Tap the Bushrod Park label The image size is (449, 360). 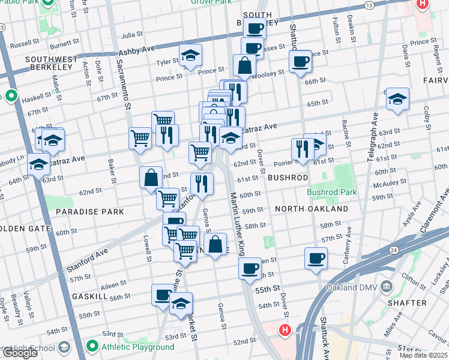pos(332,193)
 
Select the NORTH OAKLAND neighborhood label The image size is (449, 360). pos(312,209)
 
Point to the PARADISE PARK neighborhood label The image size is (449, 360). pos(89,212)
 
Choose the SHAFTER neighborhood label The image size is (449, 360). pos(407,303)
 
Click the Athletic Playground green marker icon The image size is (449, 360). pos(92,347)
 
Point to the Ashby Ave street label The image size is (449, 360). pos(137,52)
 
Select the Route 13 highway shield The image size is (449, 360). pos(369,5)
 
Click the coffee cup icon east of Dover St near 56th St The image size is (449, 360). pos(316,259)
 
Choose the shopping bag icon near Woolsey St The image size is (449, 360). pos(245,66)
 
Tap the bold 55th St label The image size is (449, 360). pos(268,289)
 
